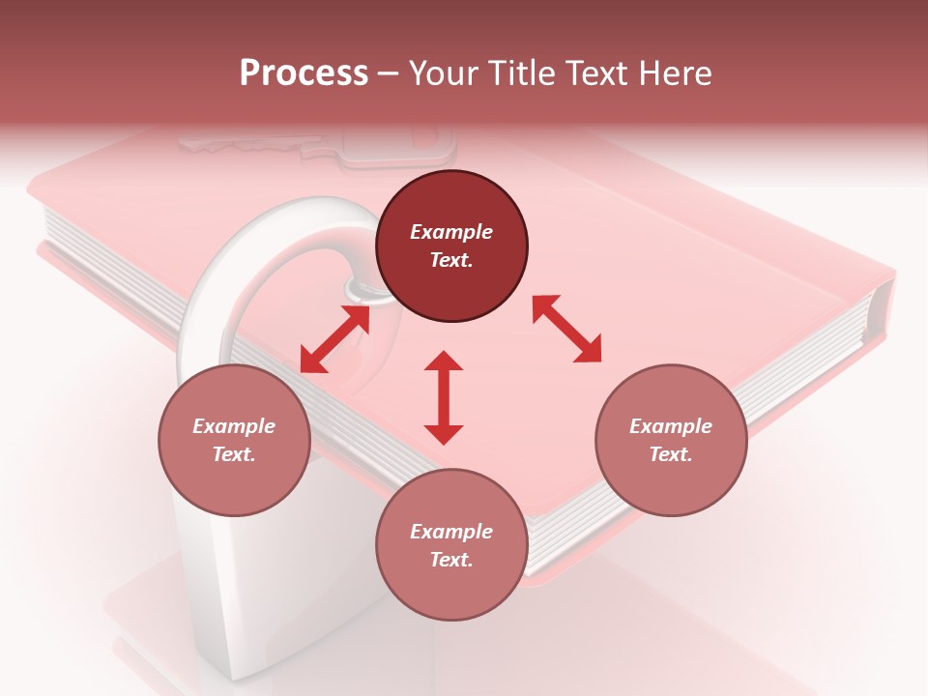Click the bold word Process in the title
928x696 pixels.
click(x=304, y=73)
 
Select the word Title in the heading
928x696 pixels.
click(x=517, y=73)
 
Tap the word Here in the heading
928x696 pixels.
click(x=676, y=73)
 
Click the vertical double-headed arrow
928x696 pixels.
click(x=444, y=397)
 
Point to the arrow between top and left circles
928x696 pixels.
click(x=334, y=339)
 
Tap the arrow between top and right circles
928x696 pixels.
click(x=566, y=329)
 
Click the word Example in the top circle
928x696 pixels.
click(x=451, y=232)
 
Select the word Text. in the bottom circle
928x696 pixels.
click(x=451, y=560)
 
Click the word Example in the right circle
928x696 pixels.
click(x=671, y=426)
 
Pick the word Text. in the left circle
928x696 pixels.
click(x=234, y=454)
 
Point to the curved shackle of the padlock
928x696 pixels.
click(x=242, y=261)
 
